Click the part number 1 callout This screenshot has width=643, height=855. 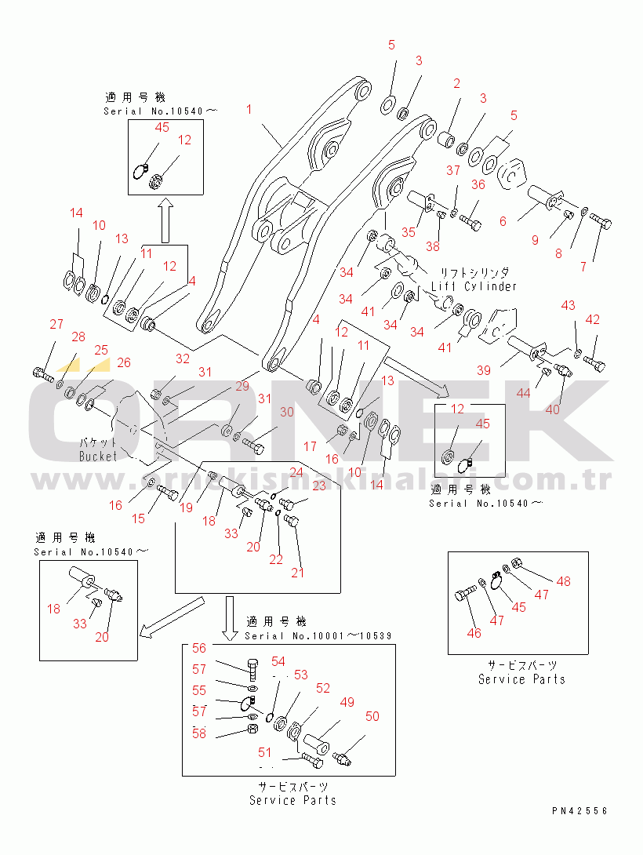249,109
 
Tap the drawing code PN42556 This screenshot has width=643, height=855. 579,811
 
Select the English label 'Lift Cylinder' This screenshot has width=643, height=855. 474,286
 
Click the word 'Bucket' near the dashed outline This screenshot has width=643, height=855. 98,456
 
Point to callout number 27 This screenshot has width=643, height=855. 56,325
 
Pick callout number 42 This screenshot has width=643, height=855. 593,319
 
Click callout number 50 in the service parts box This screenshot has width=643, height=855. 372,715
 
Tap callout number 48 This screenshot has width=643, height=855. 564,581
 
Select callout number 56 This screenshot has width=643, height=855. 200,648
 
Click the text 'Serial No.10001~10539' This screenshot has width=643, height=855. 318,635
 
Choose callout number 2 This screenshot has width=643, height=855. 455,83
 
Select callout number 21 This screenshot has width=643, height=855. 297,573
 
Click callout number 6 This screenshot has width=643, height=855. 503,221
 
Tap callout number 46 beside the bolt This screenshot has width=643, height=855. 474,633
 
